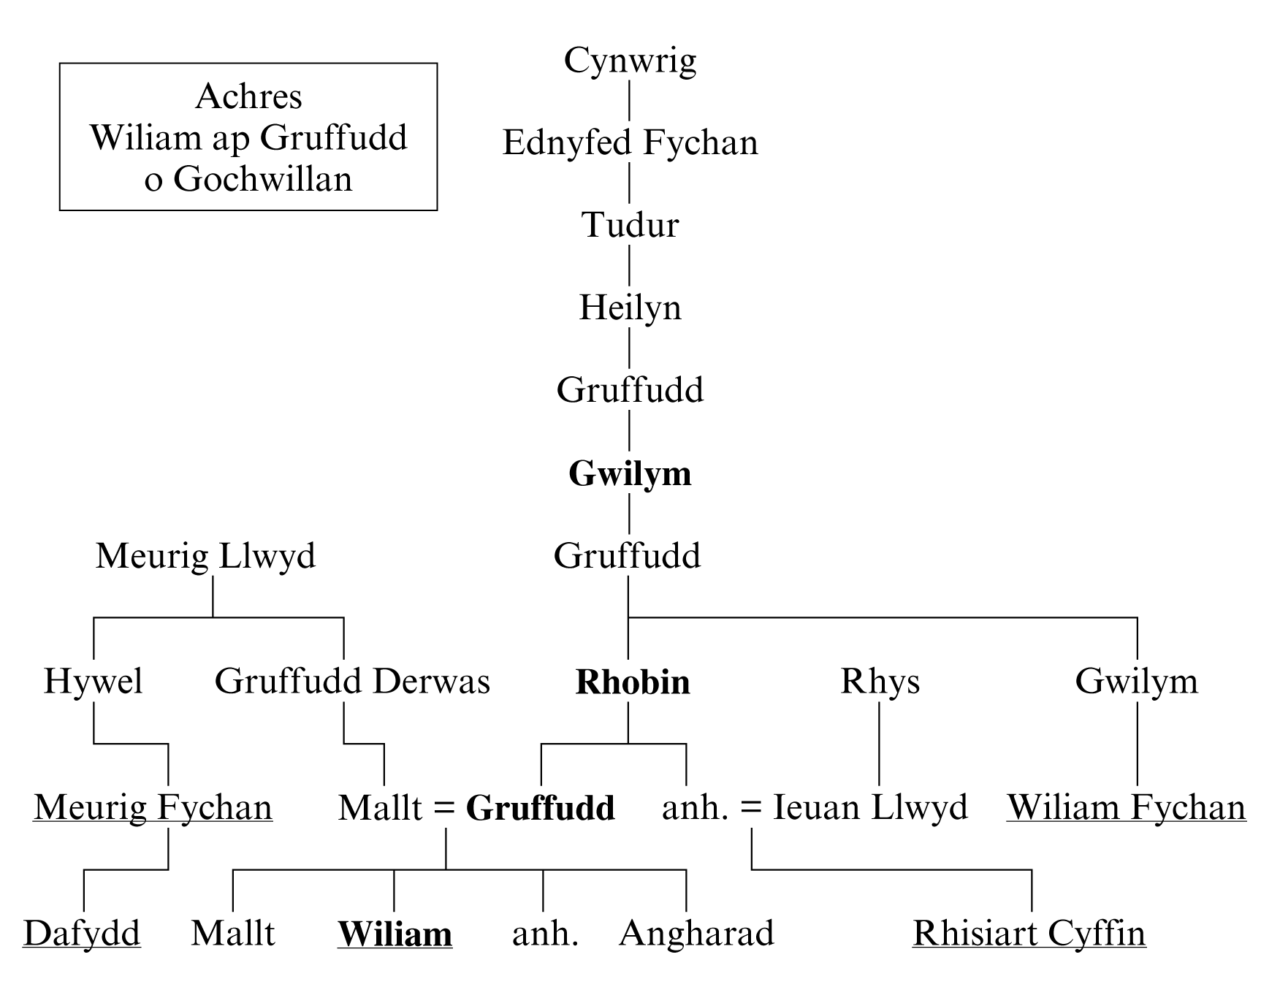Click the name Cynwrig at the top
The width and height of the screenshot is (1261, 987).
pos(630,61)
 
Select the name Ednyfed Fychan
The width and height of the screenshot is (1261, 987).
pos(630,143)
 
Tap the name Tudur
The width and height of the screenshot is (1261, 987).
pos(630,225)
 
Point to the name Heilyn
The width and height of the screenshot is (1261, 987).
pos(630,308)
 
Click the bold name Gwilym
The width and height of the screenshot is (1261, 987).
pos(630,474)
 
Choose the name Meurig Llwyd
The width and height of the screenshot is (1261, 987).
pos(205,557)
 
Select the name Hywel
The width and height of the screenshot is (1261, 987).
pos(94,682)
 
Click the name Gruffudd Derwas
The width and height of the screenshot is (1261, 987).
pos(352,682)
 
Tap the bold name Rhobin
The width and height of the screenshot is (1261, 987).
pos(633,682)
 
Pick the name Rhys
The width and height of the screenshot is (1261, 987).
pos(880,682)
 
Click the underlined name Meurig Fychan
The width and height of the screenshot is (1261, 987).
pos(153,808)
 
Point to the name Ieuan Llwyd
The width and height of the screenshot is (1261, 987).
pos(870,808)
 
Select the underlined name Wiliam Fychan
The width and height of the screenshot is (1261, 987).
pos(1127,808)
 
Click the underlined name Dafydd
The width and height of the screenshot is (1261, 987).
pos(82,934)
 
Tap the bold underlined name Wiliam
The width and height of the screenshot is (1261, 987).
pos(395,934)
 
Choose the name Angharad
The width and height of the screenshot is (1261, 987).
pos(696,934)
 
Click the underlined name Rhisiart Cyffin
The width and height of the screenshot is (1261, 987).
pos(1029,934)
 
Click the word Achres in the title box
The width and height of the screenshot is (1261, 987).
pos(248,96)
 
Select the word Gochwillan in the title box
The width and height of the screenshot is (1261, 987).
pos(263,179)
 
